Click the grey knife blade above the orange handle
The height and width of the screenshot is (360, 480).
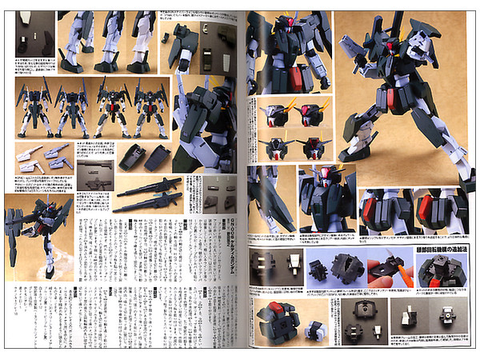[x=387, y=263]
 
